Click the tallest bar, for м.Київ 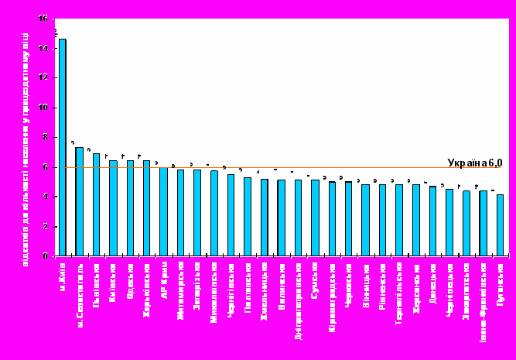tap(62, 147)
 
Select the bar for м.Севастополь tap(79, 201)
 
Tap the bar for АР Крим tap(163, 211)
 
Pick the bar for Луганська tap(500, 225)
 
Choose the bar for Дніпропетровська tap(298, 218)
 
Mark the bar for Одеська tap(130, 208)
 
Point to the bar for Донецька tap(432, 221)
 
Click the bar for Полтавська tap(248, 217)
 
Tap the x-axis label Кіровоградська tap(332, 295)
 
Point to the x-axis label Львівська tap(96, 283)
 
